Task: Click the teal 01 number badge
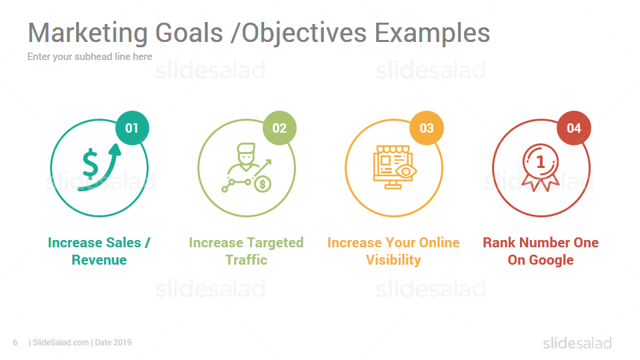pos(132,128)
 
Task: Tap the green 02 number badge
pos(279,128)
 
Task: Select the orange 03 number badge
pos(427,128)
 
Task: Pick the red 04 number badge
pos(574,128)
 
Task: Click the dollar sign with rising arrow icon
pos(100,167)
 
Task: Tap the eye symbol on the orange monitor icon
pos(406,171)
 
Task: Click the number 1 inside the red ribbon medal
pos(541,162)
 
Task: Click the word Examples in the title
pos(432,33)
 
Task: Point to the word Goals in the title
pos(189,33)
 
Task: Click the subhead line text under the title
pos(90,57)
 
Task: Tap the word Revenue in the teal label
pos(99,260)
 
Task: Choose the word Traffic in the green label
pos(247,260)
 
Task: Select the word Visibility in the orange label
pos(393,260)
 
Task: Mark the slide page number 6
pos(15,343)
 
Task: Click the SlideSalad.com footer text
pos(61,343)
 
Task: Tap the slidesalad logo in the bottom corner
pos(577,343)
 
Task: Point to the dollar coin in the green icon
pos(263,185)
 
